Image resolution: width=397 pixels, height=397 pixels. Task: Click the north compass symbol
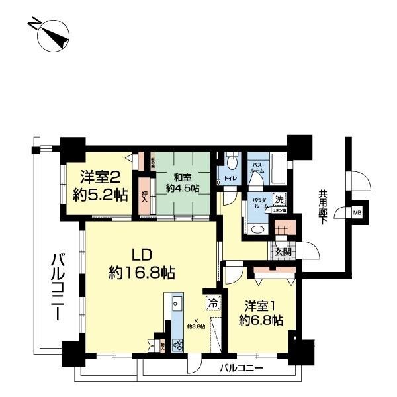click(52, 36)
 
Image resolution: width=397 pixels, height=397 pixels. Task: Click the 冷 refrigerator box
click(213, 302)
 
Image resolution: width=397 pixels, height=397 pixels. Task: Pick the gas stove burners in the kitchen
click(177, 343)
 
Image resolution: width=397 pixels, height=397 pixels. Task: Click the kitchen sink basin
click(176, 304)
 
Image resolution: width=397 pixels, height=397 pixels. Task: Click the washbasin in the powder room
click(257, 229)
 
